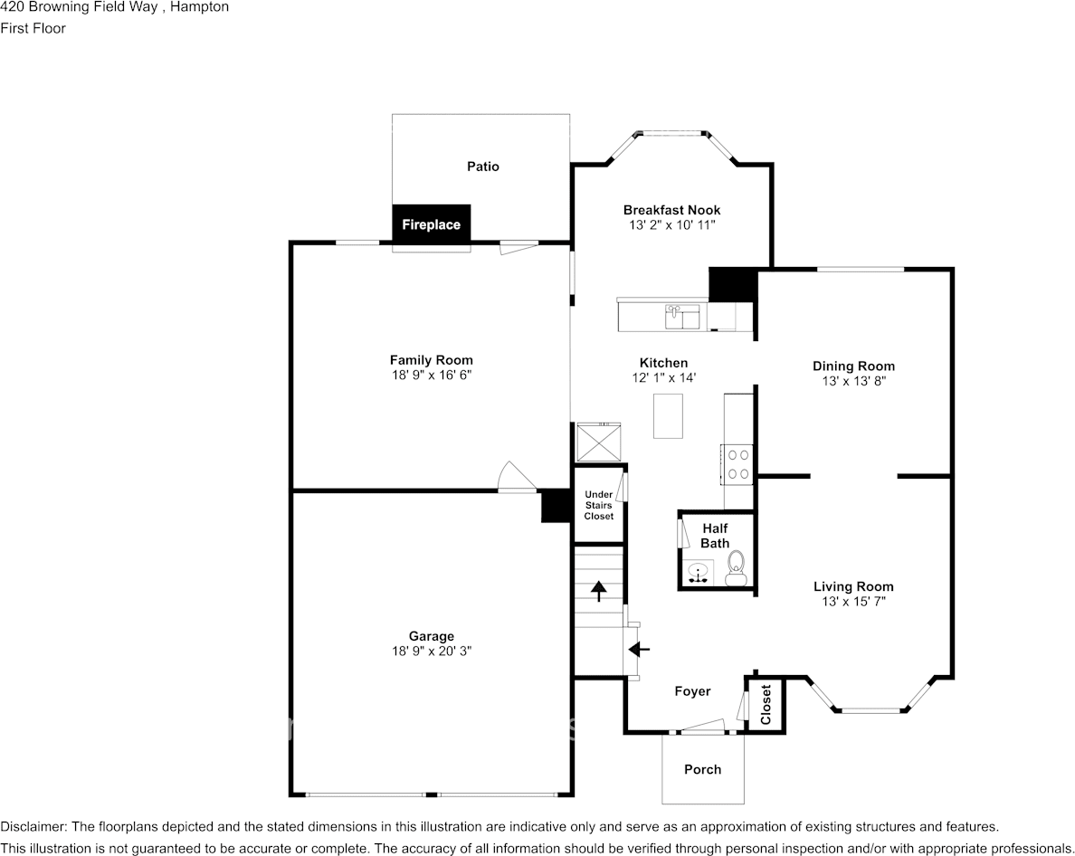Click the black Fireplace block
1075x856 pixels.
[x=431, y=224]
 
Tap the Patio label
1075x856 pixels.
[x=482, y=166]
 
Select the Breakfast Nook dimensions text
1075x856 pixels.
[x=671, y=225]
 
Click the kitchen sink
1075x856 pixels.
[x=682, y=316]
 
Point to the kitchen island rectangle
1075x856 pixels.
[x=668, y=416]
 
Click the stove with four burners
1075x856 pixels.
[x=737, y=464]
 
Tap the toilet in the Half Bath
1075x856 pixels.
[x=736, y=567]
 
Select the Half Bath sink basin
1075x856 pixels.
[x=699, y=572]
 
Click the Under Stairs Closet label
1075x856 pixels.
[x=598, y=505]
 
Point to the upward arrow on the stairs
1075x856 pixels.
[x=598, y=591]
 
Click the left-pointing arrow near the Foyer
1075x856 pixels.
[x=639, y=649]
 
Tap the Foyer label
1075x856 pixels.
[x=692, y=691]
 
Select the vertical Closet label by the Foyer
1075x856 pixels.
[x=766, y=705]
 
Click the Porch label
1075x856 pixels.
[x=702, y=769]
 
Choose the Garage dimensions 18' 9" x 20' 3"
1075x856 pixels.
[x=431, y=652]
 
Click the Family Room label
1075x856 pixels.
[x=431, y=360]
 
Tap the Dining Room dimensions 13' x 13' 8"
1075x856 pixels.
[x=853, y=382]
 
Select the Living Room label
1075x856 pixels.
[x=853, y=586]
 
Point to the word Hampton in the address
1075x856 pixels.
[x=200, y=7]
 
